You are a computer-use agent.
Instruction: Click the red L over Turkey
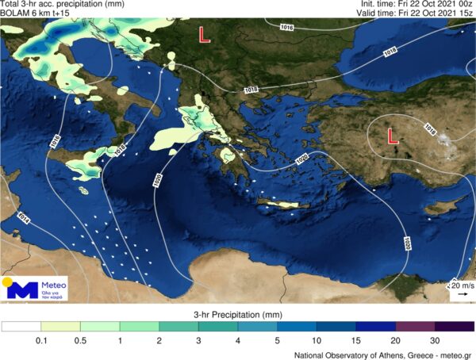[392, 136]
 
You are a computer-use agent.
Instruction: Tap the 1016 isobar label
[287, 28]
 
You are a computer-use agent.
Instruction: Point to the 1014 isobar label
[24, 216]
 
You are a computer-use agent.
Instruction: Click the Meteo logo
[36, 289]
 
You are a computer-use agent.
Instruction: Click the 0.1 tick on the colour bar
[41, 340]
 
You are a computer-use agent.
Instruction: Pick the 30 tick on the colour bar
[435, 340]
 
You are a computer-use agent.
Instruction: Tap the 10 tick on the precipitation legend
[317, 340]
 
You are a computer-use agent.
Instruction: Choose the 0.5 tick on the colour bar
[81, 340]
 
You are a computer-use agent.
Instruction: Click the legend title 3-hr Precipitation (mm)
[237, 316]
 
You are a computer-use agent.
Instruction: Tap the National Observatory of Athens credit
[382, 354]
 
